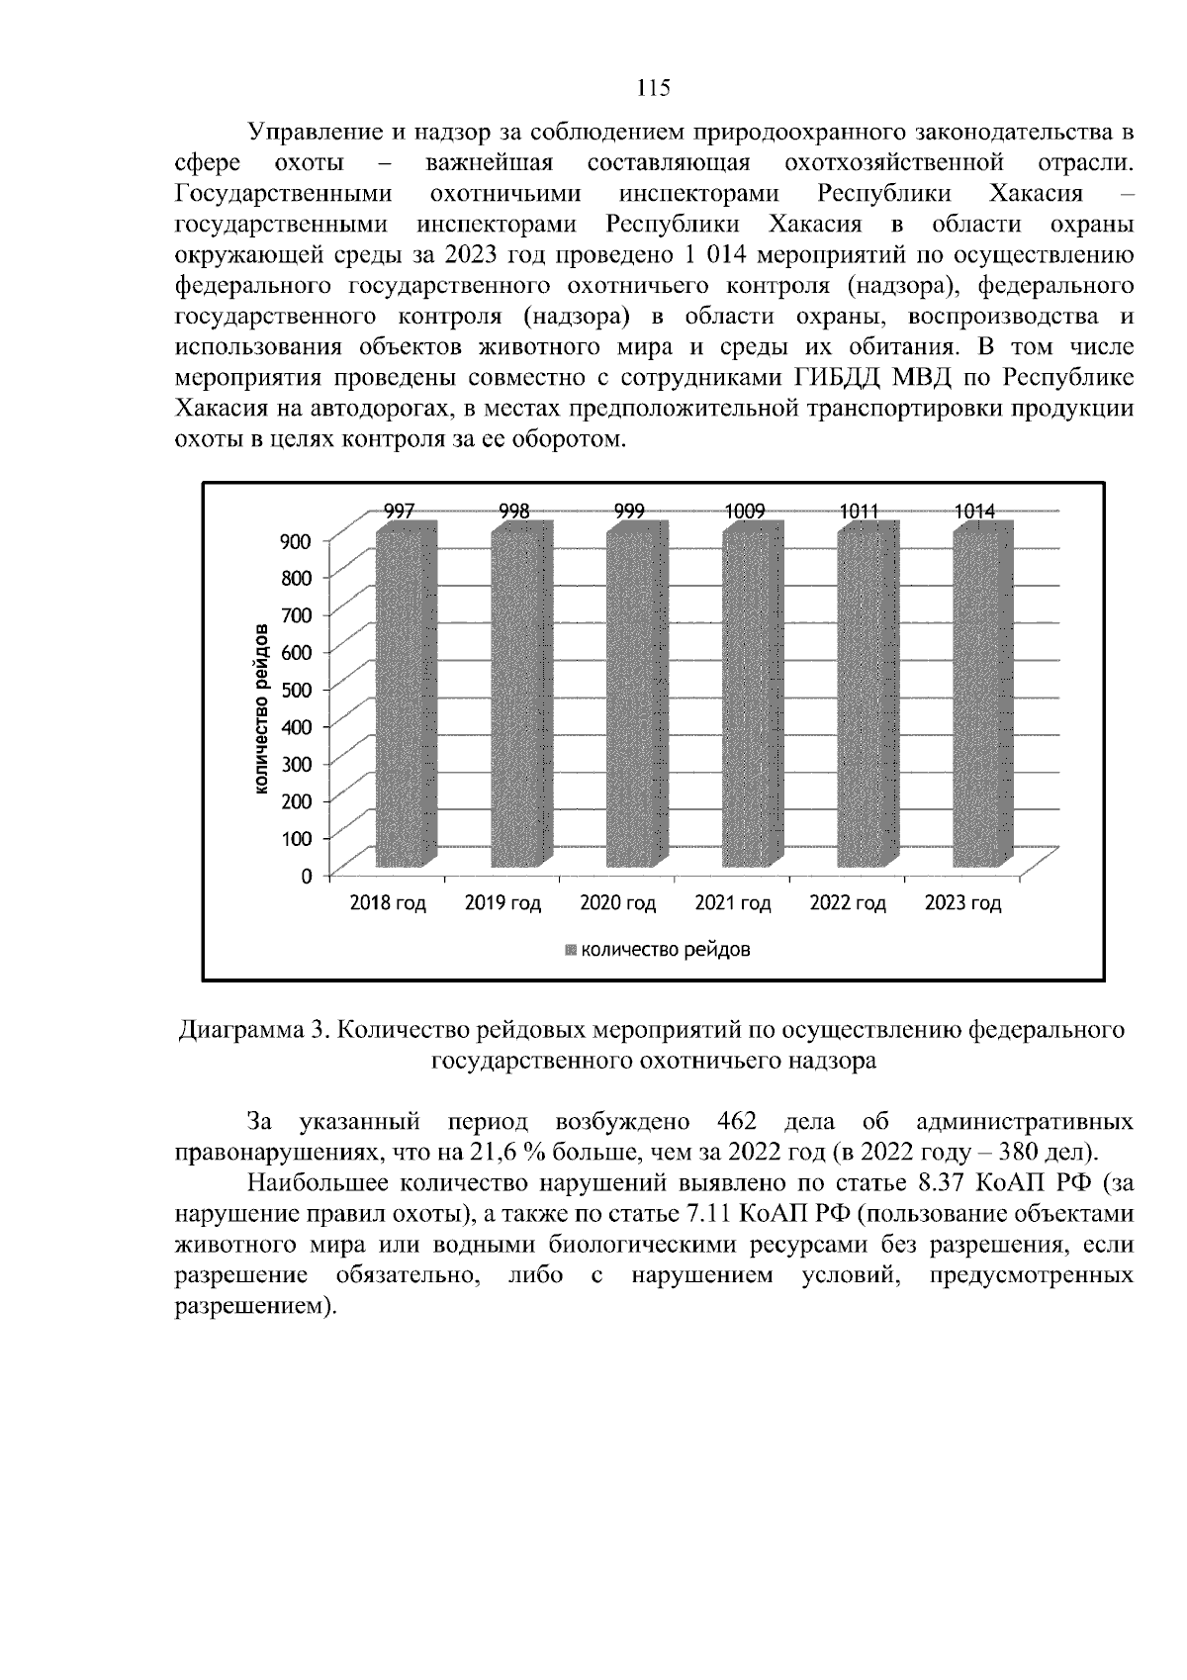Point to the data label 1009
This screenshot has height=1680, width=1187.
(744, 512)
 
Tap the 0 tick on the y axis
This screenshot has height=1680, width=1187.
(307, 876)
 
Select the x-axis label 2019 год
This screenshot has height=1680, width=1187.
(503, 903)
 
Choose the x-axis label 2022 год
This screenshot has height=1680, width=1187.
(848, 903)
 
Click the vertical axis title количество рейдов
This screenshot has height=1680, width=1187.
(261, 709)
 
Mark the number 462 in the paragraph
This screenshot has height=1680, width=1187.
(734, 1123)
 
